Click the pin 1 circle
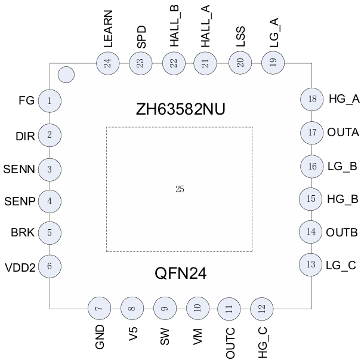[50, 101]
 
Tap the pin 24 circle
[108, 63]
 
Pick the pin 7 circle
[99, 309]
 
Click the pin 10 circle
[198, 309]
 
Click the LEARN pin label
[108, 29]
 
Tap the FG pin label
[26, 101]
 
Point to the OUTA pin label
[343, 133]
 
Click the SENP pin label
[20, 201]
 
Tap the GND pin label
[100, 336]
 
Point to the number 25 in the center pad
[180, 189]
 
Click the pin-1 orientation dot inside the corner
[66, 75]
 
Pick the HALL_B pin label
[174, 26]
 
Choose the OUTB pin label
[343, 232]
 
